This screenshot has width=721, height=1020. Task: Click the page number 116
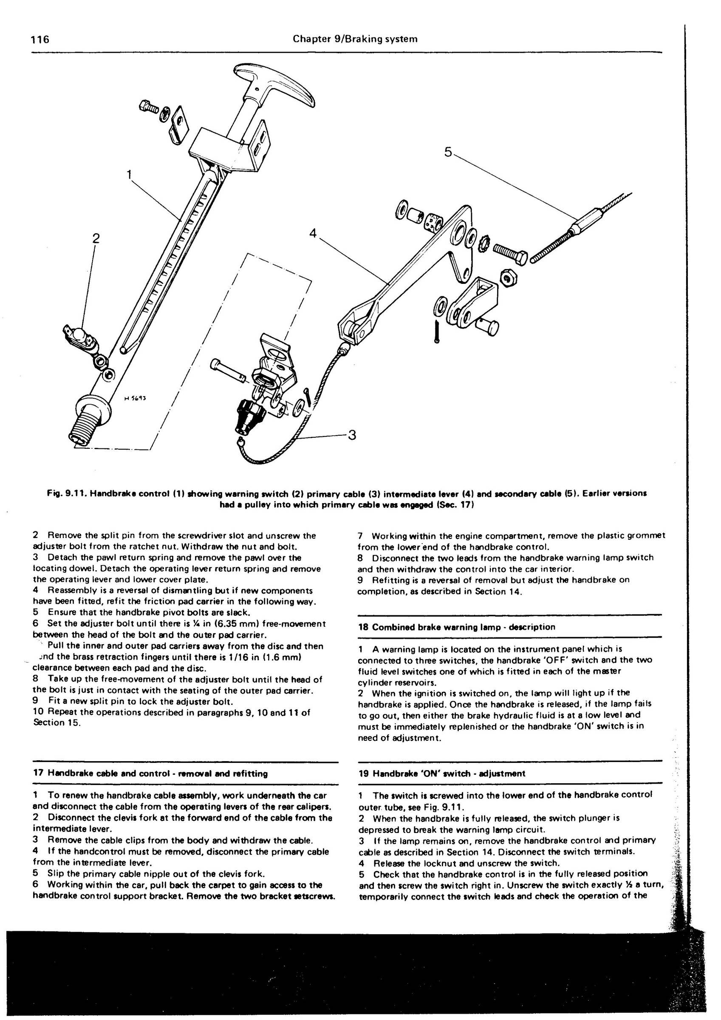pyautogui.click(x=40, y=39)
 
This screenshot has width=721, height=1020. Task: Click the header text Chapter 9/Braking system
pyautogui.click(x=355, y=39)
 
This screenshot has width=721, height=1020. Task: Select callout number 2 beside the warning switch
pyautogui.click(x=96, y=238)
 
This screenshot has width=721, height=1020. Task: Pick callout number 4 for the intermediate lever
pyautogui.click(x=313, y=233)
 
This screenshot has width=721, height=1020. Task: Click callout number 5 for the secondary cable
pyautogui.click(x=448, y=152)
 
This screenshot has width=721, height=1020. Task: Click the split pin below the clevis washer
pyautogui.click(x=437, y=331)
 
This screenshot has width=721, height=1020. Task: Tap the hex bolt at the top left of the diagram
pyautogui.click(x=147, y=107)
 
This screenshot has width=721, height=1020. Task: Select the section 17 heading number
pyautogui.click(x=38, y=773)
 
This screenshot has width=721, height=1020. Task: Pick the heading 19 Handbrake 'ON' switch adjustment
pyautogui.click(x=441, y=773)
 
